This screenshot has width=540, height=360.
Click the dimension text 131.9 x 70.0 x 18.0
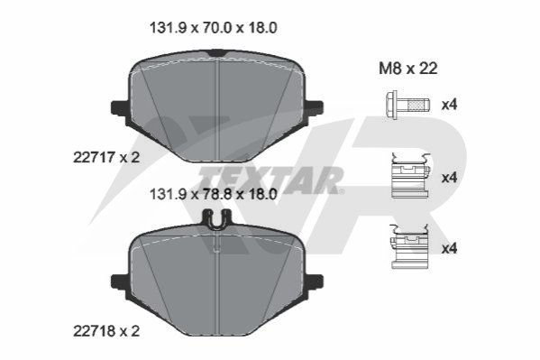[213, 28]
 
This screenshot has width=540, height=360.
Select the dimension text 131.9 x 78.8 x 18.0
[213, 195]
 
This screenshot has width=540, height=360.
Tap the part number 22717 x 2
[106, 158]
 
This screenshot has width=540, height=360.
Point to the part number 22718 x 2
[106, 331]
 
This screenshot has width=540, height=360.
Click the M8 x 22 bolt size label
[408, 69]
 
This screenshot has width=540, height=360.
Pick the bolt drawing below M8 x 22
[407, 105]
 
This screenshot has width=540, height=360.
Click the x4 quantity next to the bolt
[450, 104]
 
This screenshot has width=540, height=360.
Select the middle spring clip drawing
[410, 176]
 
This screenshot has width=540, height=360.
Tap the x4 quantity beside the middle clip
[450, 178]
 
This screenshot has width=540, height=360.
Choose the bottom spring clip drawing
[409, 246]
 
